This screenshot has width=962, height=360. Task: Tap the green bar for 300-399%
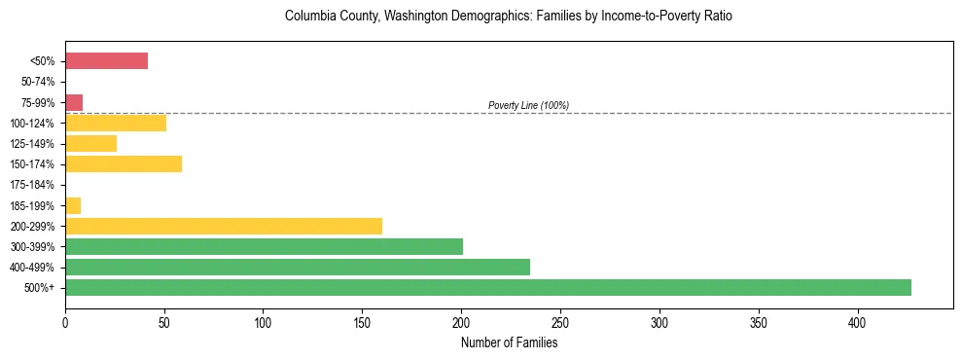point(264,246)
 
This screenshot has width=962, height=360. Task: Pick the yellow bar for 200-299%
point(224,226)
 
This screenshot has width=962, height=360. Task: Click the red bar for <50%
point(106,61)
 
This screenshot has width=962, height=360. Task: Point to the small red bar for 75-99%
point(74,102)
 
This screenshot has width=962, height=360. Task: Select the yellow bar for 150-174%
point(124,163)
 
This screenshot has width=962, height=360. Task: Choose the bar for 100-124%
point(116,123)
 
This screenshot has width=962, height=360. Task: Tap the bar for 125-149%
point(90,143)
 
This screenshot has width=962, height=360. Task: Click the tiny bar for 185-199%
point(73,205)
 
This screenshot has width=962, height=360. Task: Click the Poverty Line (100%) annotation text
point(528,105)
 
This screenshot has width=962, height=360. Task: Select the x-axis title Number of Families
point(509,342)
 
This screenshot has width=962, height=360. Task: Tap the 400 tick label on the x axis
point(858,321)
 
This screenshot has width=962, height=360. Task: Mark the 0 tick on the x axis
point(65,321)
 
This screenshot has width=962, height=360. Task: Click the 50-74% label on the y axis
point(39,82)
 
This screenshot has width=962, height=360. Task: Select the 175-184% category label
point(35,185)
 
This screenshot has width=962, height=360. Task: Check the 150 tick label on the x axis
point(362,321)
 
